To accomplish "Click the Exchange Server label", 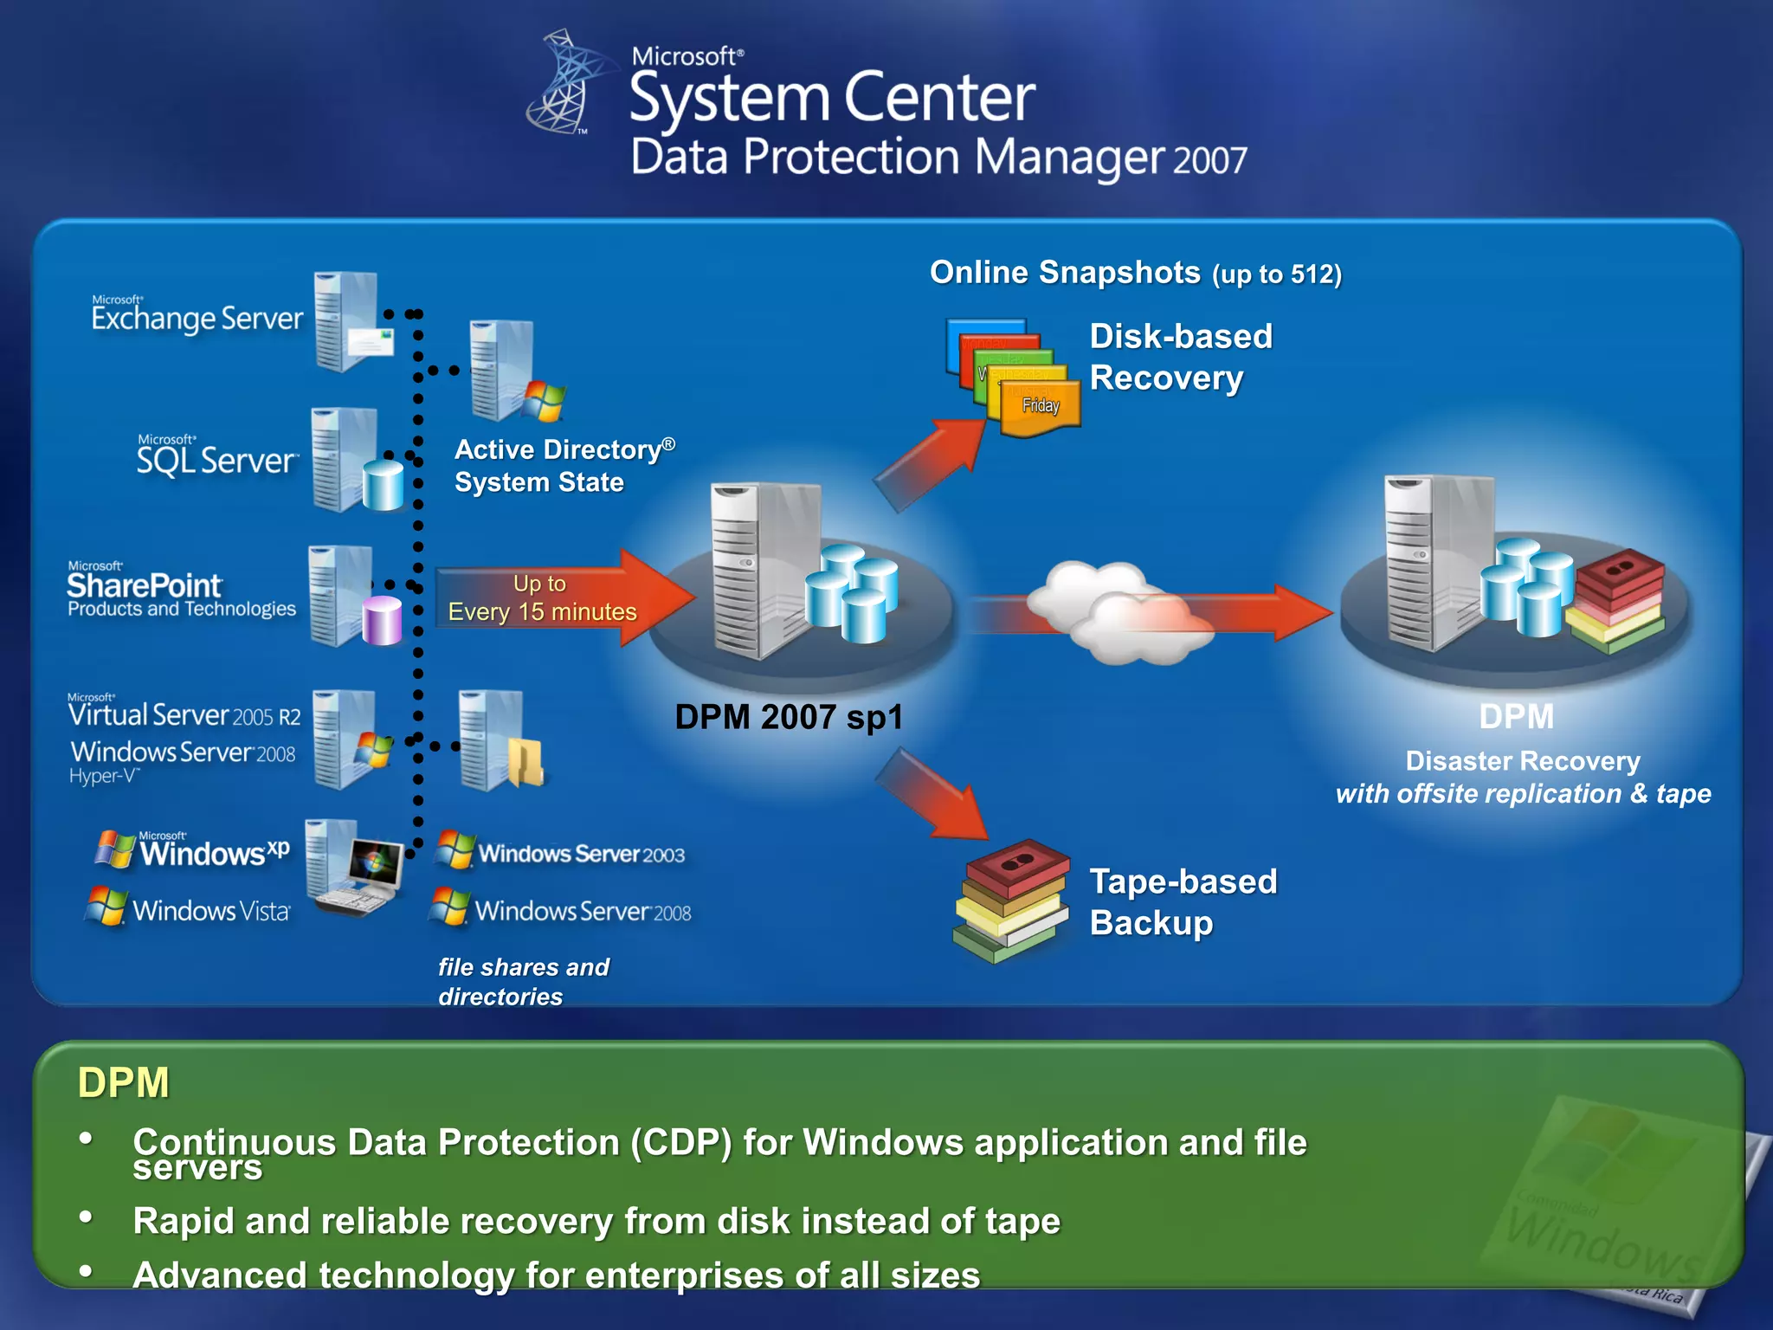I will point(197,317).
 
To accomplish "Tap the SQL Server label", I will point(216,458).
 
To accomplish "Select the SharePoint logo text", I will point(145,586).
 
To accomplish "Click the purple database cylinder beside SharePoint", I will point(382,620).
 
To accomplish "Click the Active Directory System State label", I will point(563,465).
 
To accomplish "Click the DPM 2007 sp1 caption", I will point(789,717).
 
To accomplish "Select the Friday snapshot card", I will point(1040,407).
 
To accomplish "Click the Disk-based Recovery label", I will point(1180,357).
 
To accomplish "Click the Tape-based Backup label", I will point(1183,901).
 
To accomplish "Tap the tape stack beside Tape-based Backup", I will point(1010,901).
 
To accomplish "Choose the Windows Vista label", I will point(210,910).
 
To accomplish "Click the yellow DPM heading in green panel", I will point(124,1082).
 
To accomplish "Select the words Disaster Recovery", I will point(1522,760).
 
